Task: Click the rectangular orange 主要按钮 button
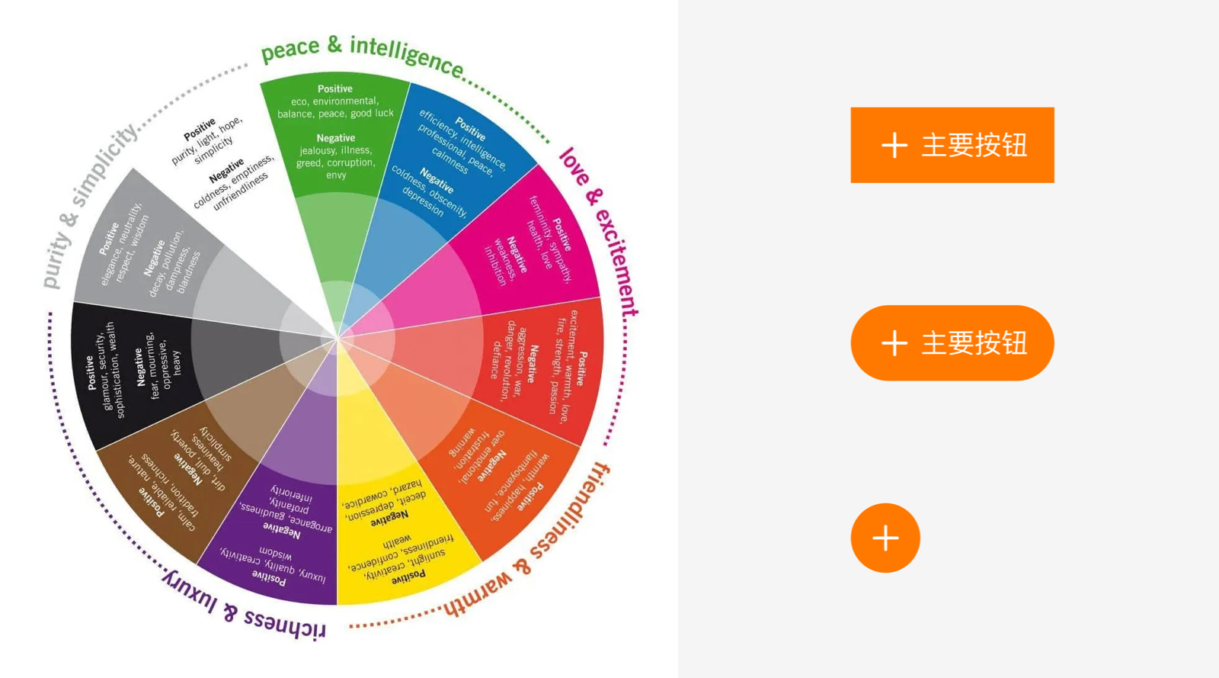click(x=952, y=145)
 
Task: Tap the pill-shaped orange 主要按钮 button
click(x=952, y=343)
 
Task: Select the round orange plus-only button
click(x=885, y=538)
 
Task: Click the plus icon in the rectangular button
click(x=894, y=145)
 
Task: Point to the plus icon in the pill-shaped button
click(x=894, y=343)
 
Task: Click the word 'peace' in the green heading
click(x=290, y=50)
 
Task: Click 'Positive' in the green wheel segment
click(x=335, y=88)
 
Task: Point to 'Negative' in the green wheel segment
click(x=336, y=138)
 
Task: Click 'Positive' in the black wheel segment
click(x=90, y=372)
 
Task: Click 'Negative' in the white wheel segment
click(x=226, y=170)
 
